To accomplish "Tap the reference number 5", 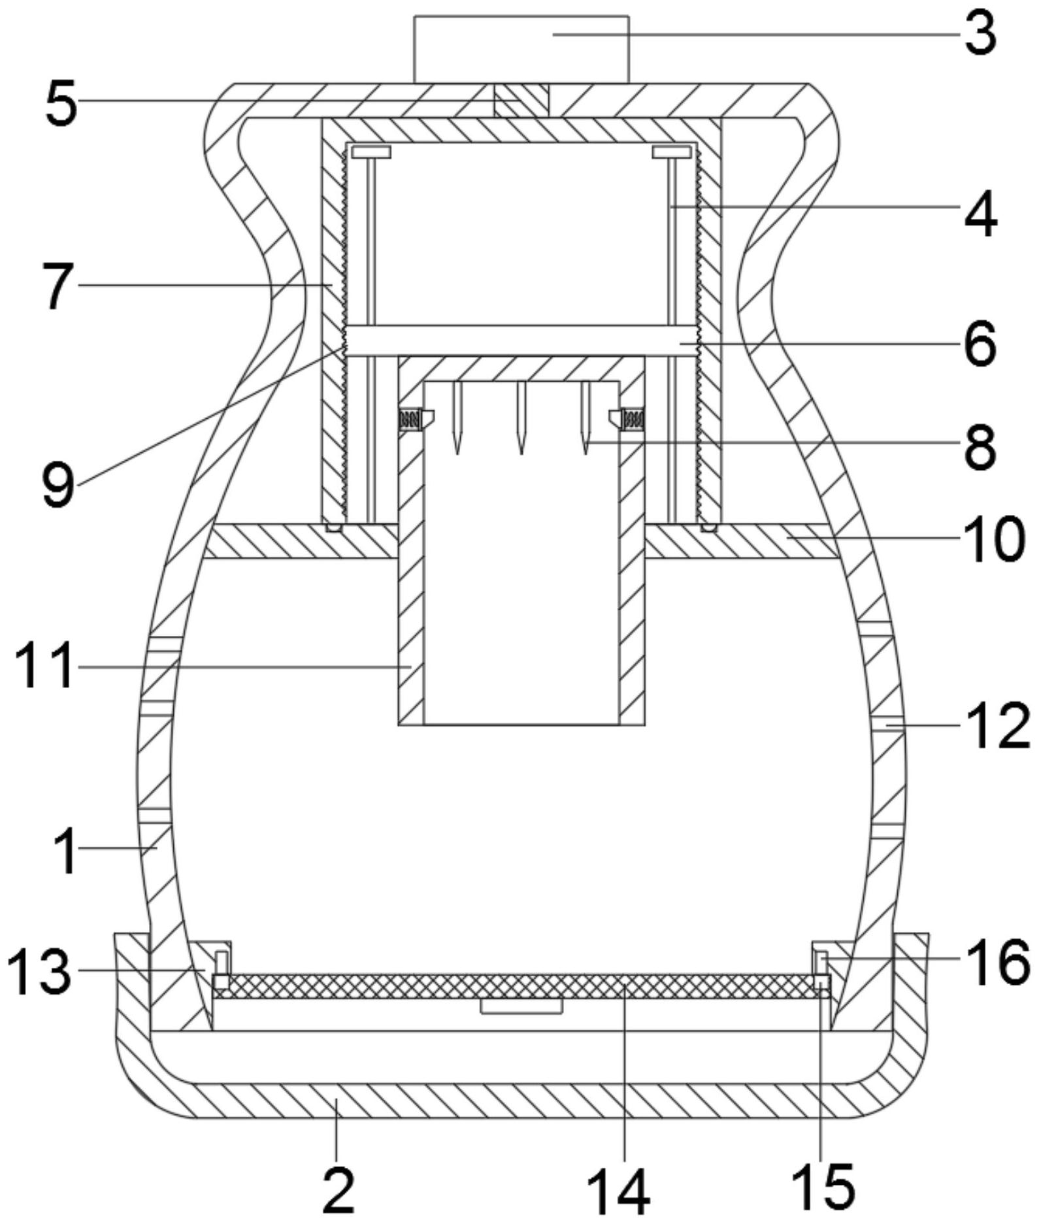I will (61, 104).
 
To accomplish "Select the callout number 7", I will (58, 287).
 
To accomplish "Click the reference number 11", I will (43, 667).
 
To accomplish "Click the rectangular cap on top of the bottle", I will (521, 50).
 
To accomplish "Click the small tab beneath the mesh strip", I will (521, 1006).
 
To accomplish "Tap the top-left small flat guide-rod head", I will (371, 152).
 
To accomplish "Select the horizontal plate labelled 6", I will (521, 340).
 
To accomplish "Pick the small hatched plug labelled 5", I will (521, 100).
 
